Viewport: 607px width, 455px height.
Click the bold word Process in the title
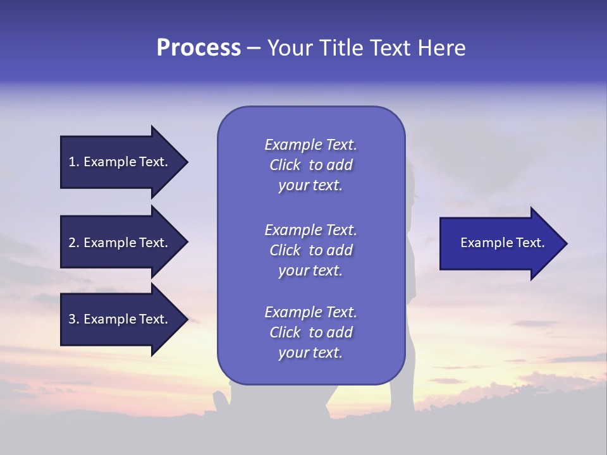click(x=199, y=48)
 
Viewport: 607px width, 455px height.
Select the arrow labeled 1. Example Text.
click(x=120, y=162)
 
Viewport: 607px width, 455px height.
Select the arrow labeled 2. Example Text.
click(x=120, y=243)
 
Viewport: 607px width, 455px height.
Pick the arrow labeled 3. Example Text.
click(x=120, y=319)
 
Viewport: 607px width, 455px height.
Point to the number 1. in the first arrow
click(x=74, y=162)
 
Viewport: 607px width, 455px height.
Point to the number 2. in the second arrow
click(x=74, y=243)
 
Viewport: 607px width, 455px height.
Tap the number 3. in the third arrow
click(x=74, y=319)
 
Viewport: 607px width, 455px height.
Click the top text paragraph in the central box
click(x=310, y=165)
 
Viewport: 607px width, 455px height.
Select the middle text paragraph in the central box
click(x=310, y=250)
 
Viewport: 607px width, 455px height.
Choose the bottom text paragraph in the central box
click(x=310, y=332)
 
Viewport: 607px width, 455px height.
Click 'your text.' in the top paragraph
click(x=310, y=186)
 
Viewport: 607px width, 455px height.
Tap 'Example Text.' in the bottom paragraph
click(x=310, y=312)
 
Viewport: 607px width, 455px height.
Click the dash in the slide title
click(x=254, y=49)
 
